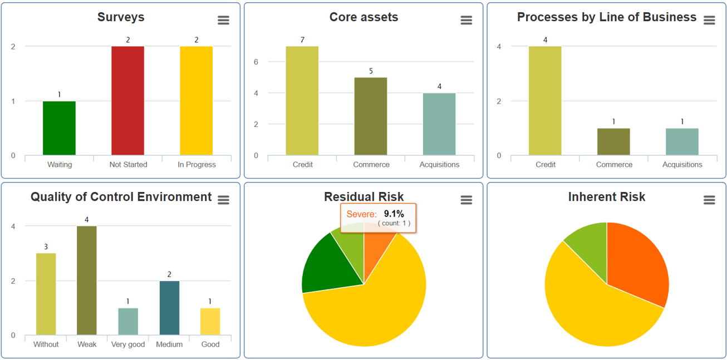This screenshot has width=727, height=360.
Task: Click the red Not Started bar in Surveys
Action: point(127,101)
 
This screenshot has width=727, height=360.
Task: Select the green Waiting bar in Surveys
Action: point(59,128)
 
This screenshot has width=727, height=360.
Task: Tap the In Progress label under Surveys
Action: point(197,165)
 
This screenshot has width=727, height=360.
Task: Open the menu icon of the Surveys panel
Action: point(223,21)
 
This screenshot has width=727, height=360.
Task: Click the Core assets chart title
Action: point(363,17)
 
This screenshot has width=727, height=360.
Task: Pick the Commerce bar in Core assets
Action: point(371,116)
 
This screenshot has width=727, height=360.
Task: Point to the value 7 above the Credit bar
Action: point(302,40)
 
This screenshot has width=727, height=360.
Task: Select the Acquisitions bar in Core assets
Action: point(439,124)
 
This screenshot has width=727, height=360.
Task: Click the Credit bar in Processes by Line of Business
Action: point(545,101)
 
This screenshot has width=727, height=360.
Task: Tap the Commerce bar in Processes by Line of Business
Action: point(613,142)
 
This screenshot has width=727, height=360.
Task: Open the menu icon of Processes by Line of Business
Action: point(709,21)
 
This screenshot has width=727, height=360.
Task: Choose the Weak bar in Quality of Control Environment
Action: point(87,280)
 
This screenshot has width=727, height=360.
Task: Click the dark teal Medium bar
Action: point(169,308)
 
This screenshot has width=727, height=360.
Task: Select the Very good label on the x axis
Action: point(128,344)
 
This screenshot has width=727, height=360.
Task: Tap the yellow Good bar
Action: point(210,322)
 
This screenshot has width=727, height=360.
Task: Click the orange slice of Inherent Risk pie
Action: point(636,259)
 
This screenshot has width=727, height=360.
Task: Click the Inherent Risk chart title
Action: point(607,196)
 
